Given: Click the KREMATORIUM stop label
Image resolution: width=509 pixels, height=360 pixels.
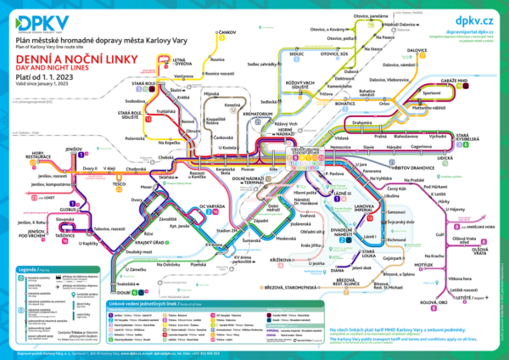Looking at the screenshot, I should (258, 114).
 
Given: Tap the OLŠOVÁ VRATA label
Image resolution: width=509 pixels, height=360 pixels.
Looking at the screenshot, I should (480, 252).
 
